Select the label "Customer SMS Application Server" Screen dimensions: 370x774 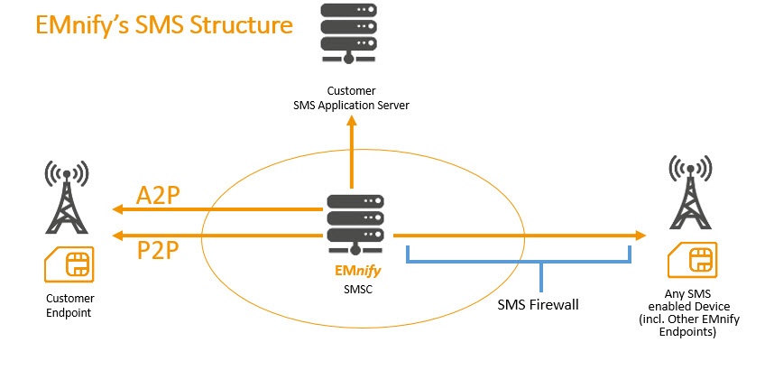pyautogui.click(x=351, y=98)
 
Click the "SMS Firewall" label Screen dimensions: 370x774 pyautogui.click(x=538, y=304)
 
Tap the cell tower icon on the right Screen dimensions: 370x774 pyautogui.click(x=692, y=193)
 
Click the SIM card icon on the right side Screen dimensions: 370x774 pyautogui.click(x=692, y=260)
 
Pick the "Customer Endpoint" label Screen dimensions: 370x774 pyautogui.click(x=69, y=305)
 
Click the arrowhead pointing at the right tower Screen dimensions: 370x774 pyautogui.click(x=640, y=236)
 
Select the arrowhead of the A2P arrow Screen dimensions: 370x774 pyautogui.click(x=116, y=209)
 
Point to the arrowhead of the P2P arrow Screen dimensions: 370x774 pyautogui.click(x=116, y=236)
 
